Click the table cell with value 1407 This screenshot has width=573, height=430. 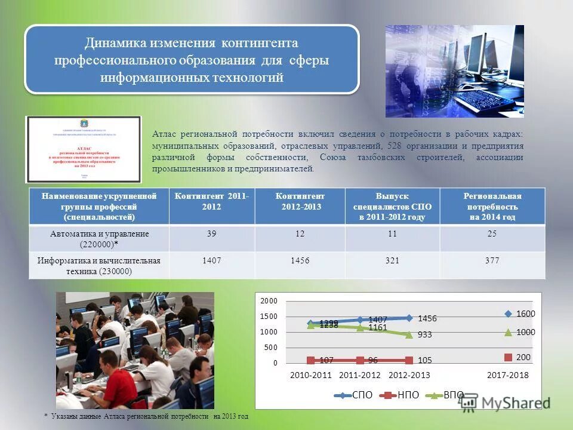(212, 260)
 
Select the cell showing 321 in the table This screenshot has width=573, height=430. (392, 260)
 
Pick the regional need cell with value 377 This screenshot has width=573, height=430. (492, 260)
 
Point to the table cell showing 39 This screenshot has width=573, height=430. (212, 234)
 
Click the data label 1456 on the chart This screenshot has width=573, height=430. (427, 319)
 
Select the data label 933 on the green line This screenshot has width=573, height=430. (425, 335)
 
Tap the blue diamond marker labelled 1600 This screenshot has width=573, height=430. (509, 314)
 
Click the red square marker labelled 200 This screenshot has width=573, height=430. (509, 357)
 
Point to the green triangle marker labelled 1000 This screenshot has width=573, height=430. (509, 332)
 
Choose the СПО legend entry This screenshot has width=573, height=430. (355, 395)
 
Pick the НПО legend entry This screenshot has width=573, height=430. (401, 395)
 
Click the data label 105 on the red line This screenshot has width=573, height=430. (424, 360)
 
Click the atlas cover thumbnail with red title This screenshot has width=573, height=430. (83, 149)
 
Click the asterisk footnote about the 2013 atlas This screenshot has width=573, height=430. (146, 416)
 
